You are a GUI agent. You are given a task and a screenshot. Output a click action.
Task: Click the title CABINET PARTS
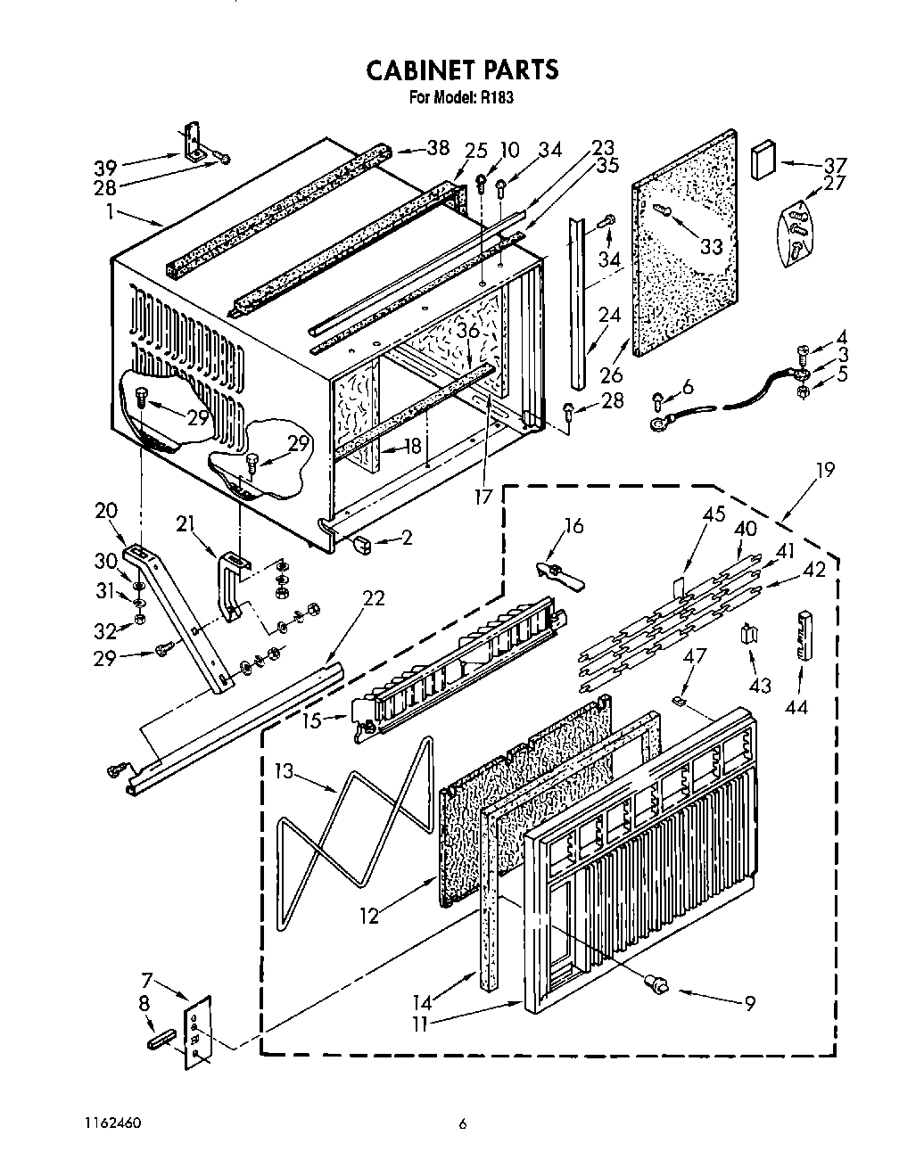[x=462, y=70]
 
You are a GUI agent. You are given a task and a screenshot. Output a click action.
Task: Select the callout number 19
[x=825, y=470]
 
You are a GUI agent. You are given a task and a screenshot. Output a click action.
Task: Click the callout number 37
[x=834, y=165]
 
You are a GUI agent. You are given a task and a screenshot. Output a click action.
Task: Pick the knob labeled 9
[x=656, y=983]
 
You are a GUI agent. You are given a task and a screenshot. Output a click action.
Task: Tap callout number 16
[x=573, y=526]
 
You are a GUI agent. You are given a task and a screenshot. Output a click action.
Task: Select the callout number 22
[x=374, y=597]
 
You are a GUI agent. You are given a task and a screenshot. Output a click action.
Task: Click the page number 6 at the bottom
[x=462, y=1124]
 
